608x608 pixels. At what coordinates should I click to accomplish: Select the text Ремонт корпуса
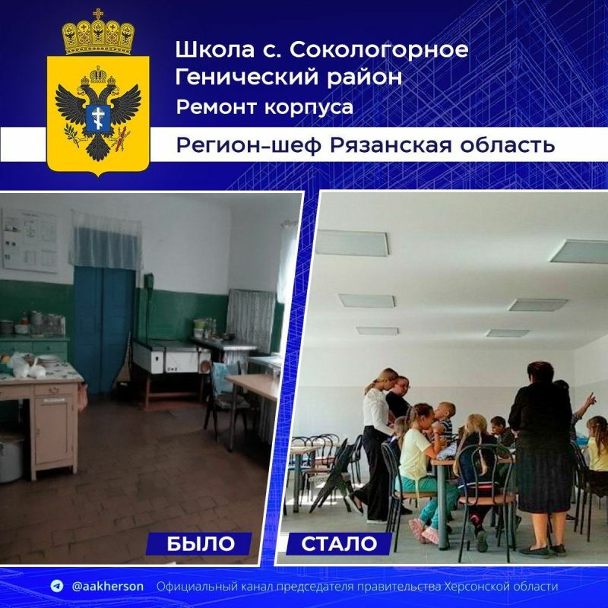pyautogui.click(x=264, y=107)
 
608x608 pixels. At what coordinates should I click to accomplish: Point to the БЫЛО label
pyautogui.click(x=200, y=543)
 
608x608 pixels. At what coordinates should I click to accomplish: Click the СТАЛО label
pyautogui.click(x=339, y=543)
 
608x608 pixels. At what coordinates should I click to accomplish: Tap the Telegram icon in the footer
pyautogui.click(x=56, y=587)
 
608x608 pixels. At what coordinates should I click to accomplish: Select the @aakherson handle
pyautogui.click(x=107, y=587)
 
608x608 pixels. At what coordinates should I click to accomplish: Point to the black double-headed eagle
pyautogui.click(x=98, y=114)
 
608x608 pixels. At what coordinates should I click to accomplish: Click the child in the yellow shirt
pyautogui.click(x=416, y=448)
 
